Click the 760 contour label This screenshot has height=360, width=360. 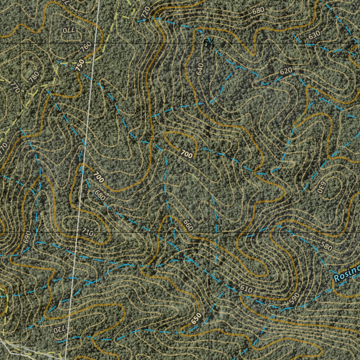point(86,46)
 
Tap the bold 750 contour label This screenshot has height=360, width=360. point(81,65)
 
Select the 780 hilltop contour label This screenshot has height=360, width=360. point(34,77)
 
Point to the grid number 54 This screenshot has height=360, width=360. point(208,43)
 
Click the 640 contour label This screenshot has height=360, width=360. point(200,69)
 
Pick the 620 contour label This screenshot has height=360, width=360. point(286,71)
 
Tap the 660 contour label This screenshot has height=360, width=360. point(188,225)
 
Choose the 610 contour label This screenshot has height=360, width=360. point(246,289)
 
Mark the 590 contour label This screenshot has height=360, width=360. point(294,298)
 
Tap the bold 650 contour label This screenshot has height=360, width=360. point(197,318)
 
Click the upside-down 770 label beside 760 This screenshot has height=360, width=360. point(69,30)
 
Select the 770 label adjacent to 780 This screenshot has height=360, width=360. point(14,86)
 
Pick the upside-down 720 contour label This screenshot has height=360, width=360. point(57,330)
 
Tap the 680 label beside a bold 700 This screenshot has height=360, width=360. point(100,195)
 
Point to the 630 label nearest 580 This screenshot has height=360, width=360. point(320,187)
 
